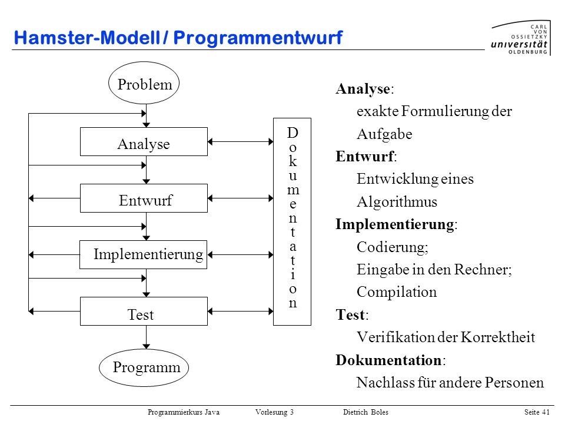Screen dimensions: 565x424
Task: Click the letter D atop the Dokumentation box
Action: pos(293,132)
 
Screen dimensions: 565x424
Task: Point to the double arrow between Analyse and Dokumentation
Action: pos(241,142)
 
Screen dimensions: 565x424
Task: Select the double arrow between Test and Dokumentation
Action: pos(241,311)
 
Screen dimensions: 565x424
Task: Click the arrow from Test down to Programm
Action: pos(147,337)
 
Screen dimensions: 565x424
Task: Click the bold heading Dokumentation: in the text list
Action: pos(391,360)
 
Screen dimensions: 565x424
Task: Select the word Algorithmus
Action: pos(397,202)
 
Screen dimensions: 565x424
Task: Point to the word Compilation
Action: pos(397,292)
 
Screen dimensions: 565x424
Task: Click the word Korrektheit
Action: pos(498,337)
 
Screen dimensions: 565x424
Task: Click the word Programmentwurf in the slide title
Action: pos(258,38)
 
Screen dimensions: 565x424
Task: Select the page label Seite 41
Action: pos(537,412)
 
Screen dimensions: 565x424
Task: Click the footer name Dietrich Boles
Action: pos(365,412)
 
